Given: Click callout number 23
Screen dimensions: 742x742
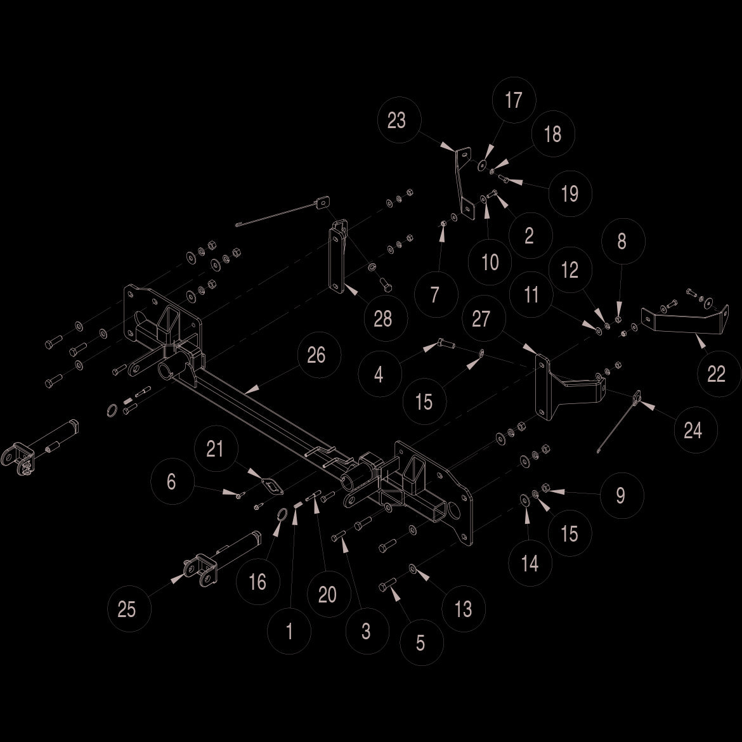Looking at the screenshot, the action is click(398, 120).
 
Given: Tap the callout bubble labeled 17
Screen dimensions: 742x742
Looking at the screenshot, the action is click(514, 100).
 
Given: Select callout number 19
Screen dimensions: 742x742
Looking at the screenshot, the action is click(570, 193).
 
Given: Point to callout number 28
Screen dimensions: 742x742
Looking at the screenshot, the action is click(385, 318).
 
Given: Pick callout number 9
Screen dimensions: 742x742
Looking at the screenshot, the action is click(622, 495).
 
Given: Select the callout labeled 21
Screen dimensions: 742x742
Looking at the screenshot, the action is click(216, 448).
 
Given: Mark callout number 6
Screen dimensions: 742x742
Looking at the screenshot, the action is click(172, 481).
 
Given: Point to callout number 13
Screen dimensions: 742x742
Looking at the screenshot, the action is click(464, 609).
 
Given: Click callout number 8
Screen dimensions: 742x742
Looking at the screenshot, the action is click(623, 241).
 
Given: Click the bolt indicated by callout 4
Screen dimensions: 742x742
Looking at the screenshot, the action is click(446, 343).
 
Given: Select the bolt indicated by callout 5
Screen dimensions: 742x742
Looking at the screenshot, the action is click(387, 585).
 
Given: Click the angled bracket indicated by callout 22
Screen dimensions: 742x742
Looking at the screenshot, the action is click(684, 322).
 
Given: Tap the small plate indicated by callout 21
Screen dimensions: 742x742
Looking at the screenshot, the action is click(272, 486).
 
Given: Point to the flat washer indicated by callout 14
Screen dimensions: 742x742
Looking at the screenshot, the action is click(524, 500).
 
